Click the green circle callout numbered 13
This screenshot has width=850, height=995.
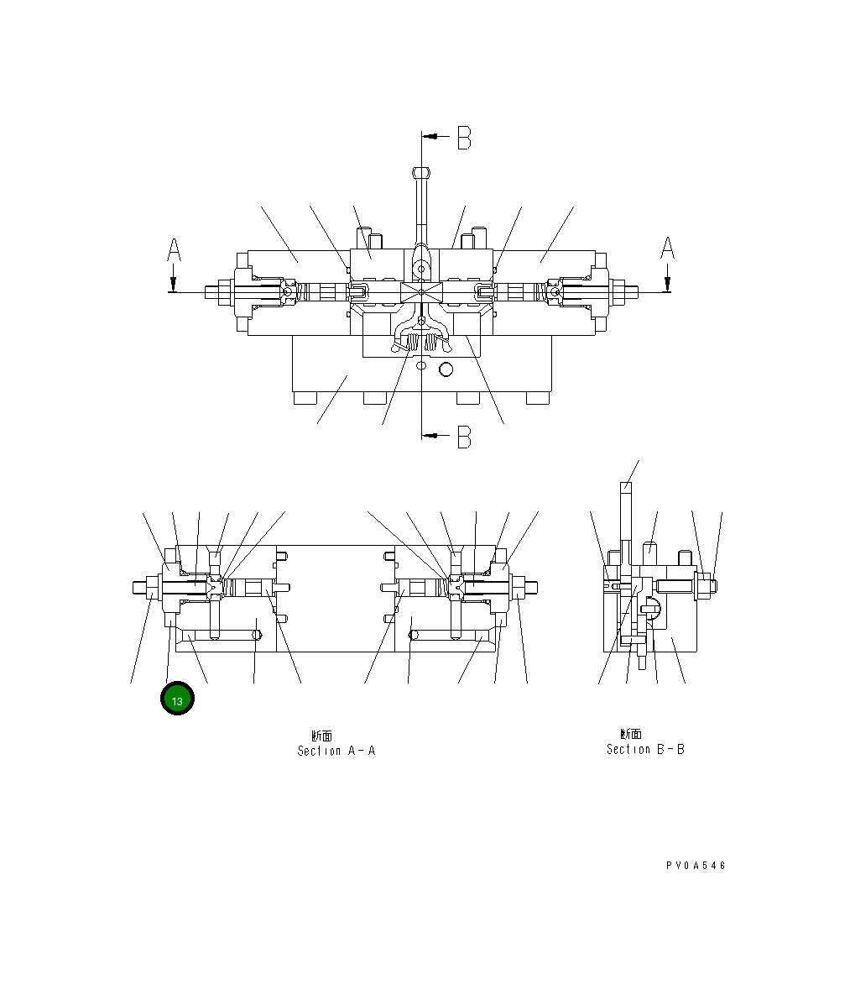click(177, 699)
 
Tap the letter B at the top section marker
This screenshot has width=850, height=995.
click(464, 138)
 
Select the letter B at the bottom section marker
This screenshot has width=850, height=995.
click(464, 437)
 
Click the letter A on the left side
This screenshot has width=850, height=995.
click(174, 250)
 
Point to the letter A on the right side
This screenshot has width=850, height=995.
click(667, 249)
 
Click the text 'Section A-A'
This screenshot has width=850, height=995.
click(336, 751)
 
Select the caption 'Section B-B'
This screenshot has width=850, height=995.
click(645, 749)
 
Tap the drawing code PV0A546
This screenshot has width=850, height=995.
click(696, 866)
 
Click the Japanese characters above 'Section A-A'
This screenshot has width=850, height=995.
click(322, 736)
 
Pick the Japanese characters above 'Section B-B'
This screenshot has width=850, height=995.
click(631, 734)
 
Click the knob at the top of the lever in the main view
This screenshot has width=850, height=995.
click(421, 172)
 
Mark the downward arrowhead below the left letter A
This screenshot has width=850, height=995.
click(173, 282)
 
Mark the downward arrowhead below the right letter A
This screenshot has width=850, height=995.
click(667, 282)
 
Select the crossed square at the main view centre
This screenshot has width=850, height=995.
click(421, 292)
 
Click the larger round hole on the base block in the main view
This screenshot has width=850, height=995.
click(446, 369)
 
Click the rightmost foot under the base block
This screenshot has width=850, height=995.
click(538, 398)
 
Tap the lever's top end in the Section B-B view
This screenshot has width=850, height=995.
click(625, 486)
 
